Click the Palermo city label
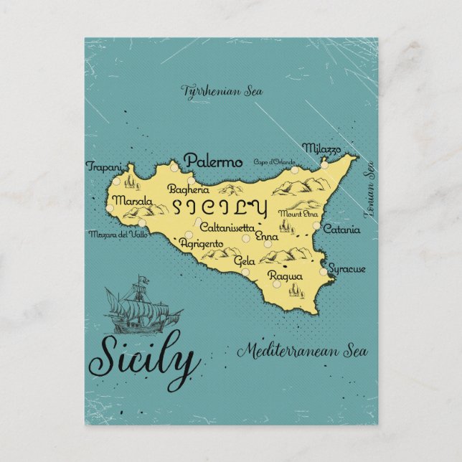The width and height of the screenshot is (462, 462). (213, 162)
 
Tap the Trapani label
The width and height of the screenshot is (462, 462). (103, 166)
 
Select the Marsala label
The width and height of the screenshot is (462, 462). (131, 200)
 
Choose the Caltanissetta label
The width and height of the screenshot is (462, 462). (226, 227)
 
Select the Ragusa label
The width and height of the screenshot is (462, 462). (285, 275)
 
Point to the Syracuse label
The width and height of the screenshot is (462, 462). (348, 268)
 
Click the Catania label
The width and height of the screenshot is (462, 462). (337, 230)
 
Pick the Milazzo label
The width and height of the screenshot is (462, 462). (321, 148)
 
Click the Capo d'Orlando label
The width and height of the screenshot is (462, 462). (275, 162)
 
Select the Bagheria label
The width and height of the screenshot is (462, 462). (188, 190)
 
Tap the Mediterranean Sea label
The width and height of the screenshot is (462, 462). (302, 352)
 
